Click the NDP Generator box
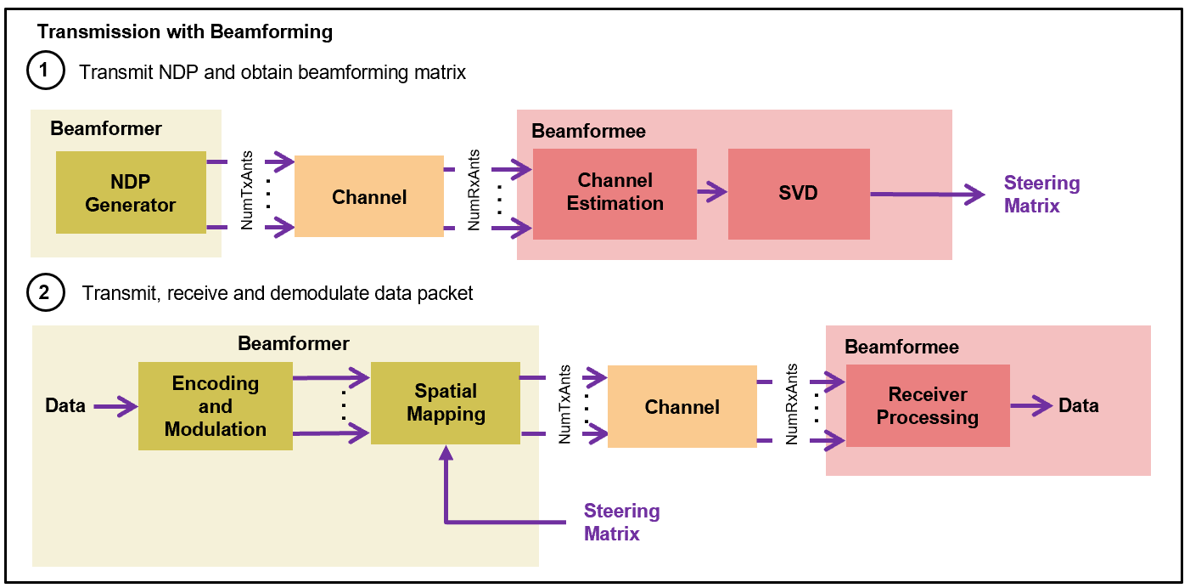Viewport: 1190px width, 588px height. click(x=131, y=193)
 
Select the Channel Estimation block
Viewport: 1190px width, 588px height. click(x=615, y=193)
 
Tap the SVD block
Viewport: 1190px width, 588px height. click(x=798, y=193)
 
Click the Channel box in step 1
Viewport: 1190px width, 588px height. click(x=369, y=197)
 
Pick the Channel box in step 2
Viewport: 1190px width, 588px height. click(x=682, y=407)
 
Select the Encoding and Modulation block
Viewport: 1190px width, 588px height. click(x=215, y=406)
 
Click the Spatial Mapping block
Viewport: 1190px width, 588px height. click(x=445, y=403)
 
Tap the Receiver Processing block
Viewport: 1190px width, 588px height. click(x=927, y=406)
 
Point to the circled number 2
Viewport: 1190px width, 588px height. click(x=46, y=293)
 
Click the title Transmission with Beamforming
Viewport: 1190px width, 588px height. click(x=185, y=33)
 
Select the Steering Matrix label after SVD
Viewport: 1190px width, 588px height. click(x=1041, y=195)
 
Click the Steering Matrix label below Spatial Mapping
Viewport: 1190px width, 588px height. click(x=621, y=522)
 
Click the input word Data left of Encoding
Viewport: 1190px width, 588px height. click(x=65, y=406)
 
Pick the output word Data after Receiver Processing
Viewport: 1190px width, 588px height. click(x=1078, y=406)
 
